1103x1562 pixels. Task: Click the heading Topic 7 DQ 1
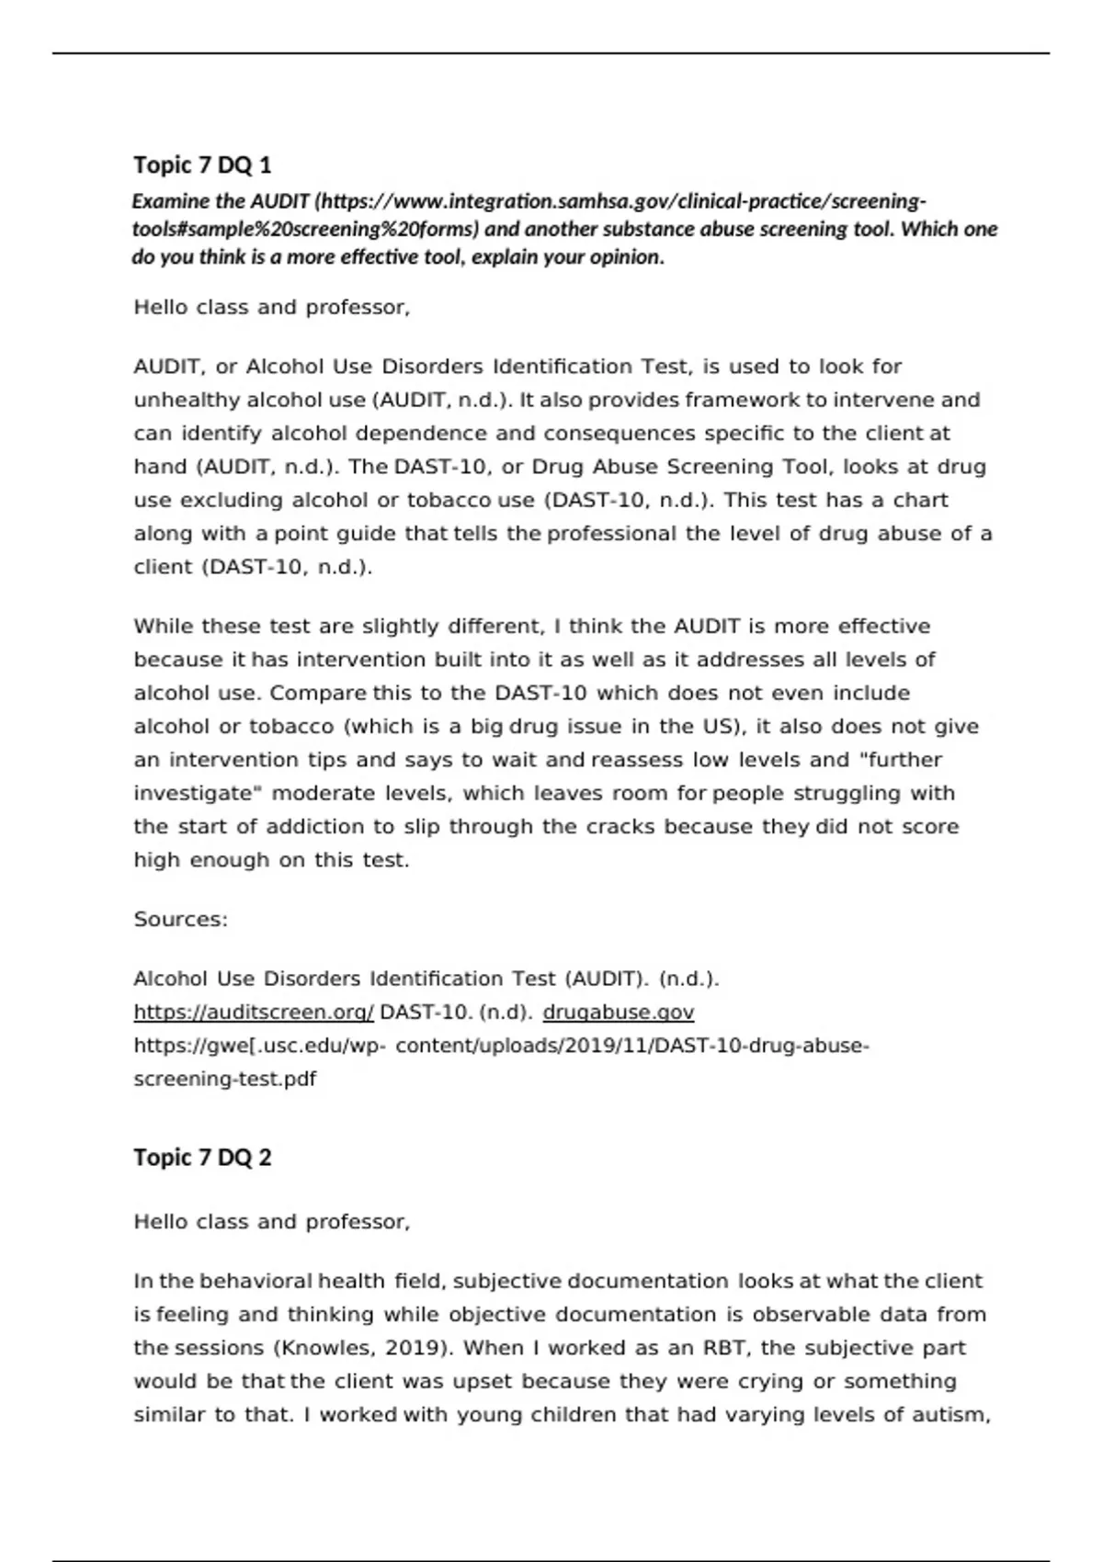click(x=202, y=165)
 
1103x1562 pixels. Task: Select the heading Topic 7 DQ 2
click(x=202, y=1157)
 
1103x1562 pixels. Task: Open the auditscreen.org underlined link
click(x=254, y=1013)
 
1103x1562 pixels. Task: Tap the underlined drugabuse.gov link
click(x=618, y=1013)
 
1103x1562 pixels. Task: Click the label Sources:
click(x=180, y=920)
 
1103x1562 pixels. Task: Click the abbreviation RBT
click(x=727, y=1348)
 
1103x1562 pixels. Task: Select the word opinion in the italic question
click(x=628, y=257)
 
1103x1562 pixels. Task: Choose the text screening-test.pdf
click(x=224, y=1080)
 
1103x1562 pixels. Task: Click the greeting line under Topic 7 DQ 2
click(x=271, y=1222)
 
